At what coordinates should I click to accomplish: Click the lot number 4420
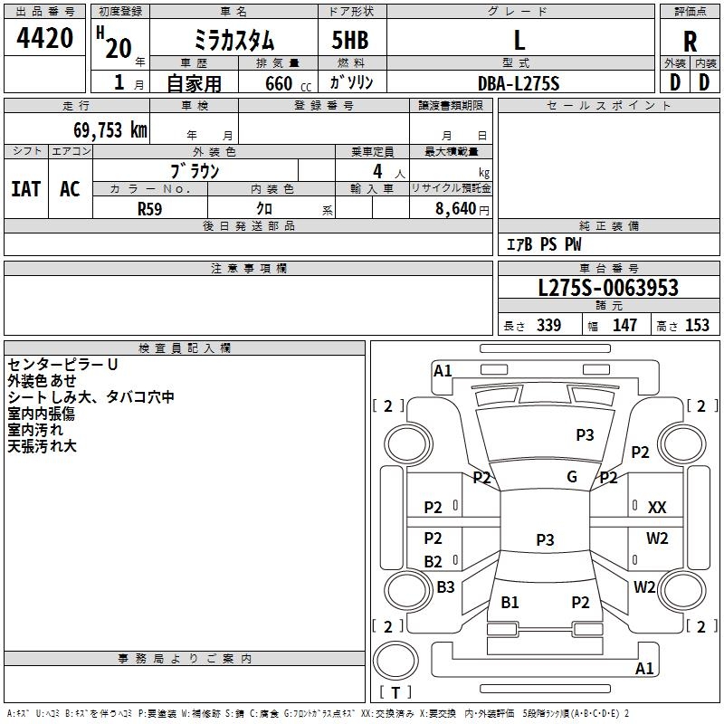point(45,38)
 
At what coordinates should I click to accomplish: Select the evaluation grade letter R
point(691,41)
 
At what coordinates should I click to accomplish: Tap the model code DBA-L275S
point(519,83)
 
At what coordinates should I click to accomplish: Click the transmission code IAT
point(25,189)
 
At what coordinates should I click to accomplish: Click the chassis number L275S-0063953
point(608,289)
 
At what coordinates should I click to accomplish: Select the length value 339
point(548,326)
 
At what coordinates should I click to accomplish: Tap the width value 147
point(624,326)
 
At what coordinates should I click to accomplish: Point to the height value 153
point(697,326)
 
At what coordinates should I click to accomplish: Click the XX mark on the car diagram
point(657,508)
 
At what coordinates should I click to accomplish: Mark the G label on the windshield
point(572,477)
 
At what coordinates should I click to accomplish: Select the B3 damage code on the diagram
point(445,587)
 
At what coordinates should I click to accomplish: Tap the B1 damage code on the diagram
point(510,602)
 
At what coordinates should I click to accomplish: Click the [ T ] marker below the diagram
point(395,692)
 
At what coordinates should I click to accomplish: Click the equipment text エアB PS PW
point(543,245)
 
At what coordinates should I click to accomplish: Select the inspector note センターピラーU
point(63,364)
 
